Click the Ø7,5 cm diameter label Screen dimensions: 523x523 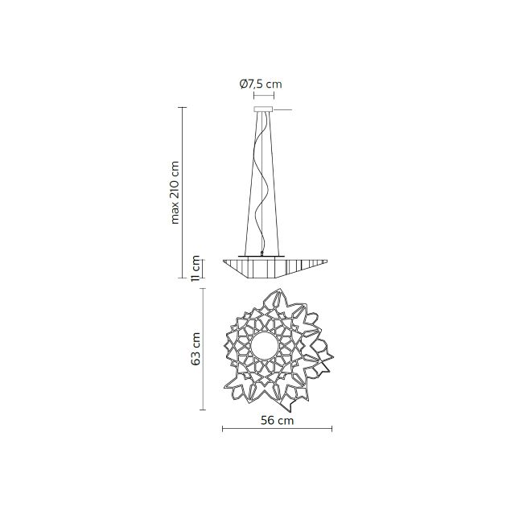261,84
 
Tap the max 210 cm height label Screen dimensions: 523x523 175,192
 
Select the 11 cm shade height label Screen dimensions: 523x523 196,269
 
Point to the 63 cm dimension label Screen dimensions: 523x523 196,348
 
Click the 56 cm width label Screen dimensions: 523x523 277,420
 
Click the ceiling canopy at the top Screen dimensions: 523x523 263,109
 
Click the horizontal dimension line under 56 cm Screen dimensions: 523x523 277,429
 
